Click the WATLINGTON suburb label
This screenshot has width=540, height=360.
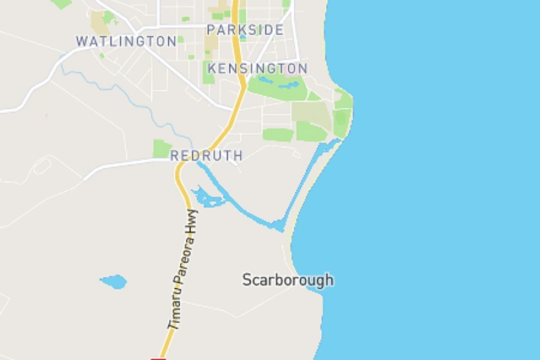point(126,41)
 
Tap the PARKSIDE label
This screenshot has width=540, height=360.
point(245,30)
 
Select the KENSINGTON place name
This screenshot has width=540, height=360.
point(257,68)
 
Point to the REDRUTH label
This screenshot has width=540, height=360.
point(206,155)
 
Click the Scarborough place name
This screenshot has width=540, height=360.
point(287,280)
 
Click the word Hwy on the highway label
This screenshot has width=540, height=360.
point(193,223)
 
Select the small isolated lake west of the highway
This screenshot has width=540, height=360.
point(113,281)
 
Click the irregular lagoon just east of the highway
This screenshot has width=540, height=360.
point(207,199)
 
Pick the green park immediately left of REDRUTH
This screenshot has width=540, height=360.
point(161,149)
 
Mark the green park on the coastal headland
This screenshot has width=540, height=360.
point(342,114)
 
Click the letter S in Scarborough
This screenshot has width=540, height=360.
point(247,280)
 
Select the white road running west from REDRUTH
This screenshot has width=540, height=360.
point(127,166)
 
